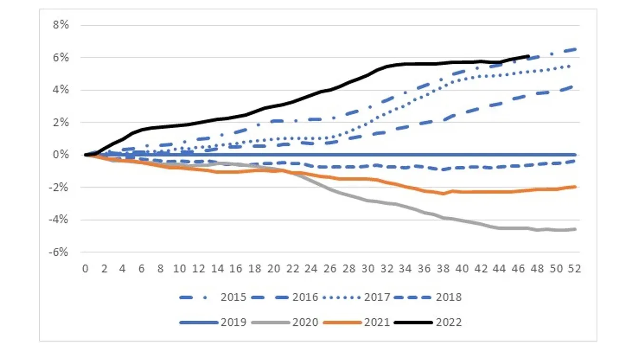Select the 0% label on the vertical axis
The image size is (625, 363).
click(x=62, y=155)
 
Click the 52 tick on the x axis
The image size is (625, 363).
click(x=575, y=269)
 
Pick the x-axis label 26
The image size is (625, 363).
click(x=330, y=269)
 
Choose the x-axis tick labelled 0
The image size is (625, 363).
click(x=86, y=269)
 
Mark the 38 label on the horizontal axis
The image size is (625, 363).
click(x=443, y=269)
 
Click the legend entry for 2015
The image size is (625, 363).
click(x=234, y=298)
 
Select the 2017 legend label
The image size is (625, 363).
click(x=377, y=298)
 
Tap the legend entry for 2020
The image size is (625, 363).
click(x=305, y=323)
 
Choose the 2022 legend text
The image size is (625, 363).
click(x=449, y=323)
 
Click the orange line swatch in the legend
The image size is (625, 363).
click(x=341, y=323)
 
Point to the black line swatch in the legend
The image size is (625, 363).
click(x=412, y=323)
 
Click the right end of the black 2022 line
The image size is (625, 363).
click(x=528, y=56)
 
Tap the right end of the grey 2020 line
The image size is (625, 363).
click(x=576, y=229)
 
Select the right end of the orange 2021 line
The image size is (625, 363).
click(x=576, y=187)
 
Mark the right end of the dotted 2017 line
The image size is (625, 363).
click(x=576, y=65)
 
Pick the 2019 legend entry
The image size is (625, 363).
click(x=234, y=323)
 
